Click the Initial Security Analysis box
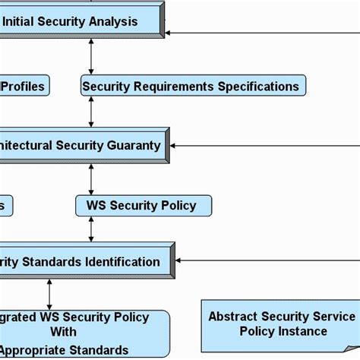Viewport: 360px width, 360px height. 80,21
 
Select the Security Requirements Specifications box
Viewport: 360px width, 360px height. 193,86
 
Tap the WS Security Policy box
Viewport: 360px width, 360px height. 143,205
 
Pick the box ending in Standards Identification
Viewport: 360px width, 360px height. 84,262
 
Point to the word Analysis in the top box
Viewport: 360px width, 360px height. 114,21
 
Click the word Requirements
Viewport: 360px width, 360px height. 171,86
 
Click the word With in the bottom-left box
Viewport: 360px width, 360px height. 64,332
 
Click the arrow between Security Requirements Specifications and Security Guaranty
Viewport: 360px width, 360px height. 91,111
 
